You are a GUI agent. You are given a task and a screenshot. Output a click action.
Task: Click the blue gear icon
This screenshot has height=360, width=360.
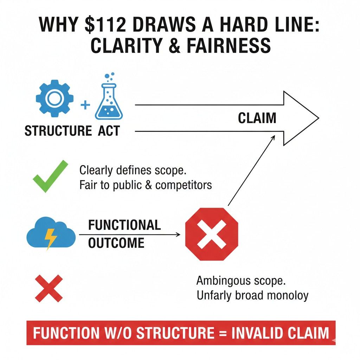[54, 99]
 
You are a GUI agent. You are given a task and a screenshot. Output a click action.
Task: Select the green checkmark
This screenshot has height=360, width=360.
[50, 176]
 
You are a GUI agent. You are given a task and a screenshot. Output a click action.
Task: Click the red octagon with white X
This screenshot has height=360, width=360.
[212, 234]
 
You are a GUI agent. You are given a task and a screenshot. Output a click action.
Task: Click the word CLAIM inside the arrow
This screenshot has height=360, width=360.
[257, 118]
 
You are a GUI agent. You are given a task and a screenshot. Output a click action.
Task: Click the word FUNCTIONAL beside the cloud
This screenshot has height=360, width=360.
[124, 225]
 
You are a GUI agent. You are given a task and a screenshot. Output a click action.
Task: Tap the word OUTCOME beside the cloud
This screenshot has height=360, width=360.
[116, 243]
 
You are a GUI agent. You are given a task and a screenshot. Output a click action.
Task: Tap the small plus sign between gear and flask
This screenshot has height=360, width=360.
[85, 105]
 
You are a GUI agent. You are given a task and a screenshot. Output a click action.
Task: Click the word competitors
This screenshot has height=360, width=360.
[184, 185]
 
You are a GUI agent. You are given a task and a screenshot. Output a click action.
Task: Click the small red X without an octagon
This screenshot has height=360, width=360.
[49, 288]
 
